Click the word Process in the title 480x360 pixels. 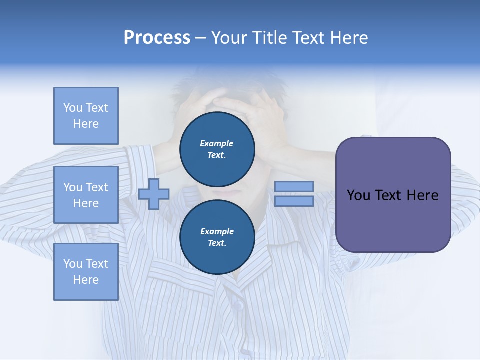[x=157, y=38]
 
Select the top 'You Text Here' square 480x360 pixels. [x=86, y=116]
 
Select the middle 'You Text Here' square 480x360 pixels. [x=86, y=195]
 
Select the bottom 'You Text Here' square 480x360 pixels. [x=86, y=272]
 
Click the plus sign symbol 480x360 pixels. [x=154, y=194]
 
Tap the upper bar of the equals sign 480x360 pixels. [x=294, y=186]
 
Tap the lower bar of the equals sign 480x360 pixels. [x=294, y=201]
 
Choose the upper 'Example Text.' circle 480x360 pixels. [x=217, y=149]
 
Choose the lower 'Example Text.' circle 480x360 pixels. [x=217, y=237]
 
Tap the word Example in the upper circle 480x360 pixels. [x=217, y=144]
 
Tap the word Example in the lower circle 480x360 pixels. [x=217, y=232]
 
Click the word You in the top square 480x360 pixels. [x=72, y=108]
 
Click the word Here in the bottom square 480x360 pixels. [x=86, y=280]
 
